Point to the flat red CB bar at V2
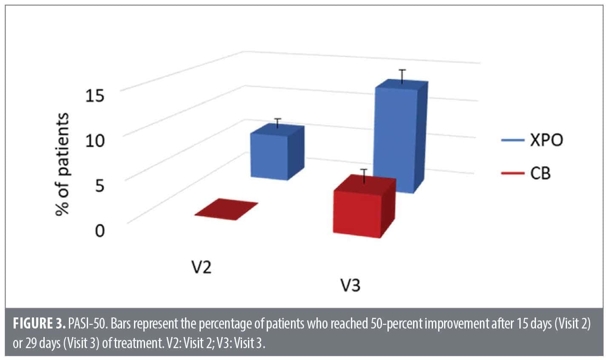click(x=226, y=209)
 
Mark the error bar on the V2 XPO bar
click(x=278, y=123)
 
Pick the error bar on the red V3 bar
click(x=364, y=175)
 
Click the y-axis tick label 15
click(x=95, y=96)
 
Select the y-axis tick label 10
click(x=95, y=140)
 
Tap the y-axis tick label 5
click(x=99, y=185)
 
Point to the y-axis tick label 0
click(x=99, y=231)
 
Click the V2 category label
click(x=200, y=268)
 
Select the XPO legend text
click(x=546, y=140)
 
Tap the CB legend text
click(x=540, y=174)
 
